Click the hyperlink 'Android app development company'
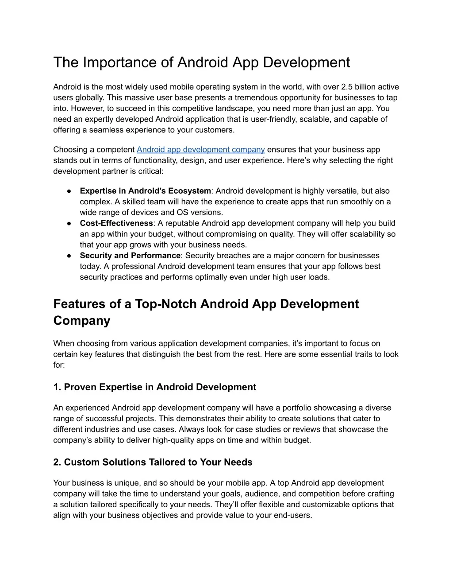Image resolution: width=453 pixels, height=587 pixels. click(x=201, y=150)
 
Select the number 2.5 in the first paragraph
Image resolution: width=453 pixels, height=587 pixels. click(x=348, y=87)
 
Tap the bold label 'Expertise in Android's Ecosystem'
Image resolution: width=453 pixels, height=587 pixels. click(x=145, y=191)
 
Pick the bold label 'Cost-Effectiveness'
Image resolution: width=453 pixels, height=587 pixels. click(x=116, y=223)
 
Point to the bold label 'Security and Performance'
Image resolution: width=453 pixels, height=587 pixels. click(x=130, y=256)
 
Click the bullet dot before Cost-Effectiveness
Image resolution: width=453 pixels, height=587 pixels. click(x=70, y=223)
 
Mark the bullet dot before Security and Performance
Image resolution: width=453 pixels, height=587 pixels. click(x=70, y=256)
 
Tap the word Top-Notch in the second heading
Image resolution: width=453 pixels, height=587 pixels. click(x=166, y=304)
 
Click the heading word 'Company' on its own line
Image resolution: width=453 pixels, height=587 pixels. click(x=82, y=321)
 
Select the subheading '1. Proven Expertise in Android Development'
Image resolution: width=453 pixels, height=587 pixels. click(x=154, y=387)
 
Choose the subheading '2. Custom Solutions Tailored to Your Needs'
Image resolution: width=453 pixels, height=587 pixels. click(x=153, y=462)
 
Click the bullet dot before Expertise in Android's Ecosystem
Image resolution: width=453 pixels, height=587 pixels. click(x=70, y=191)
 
